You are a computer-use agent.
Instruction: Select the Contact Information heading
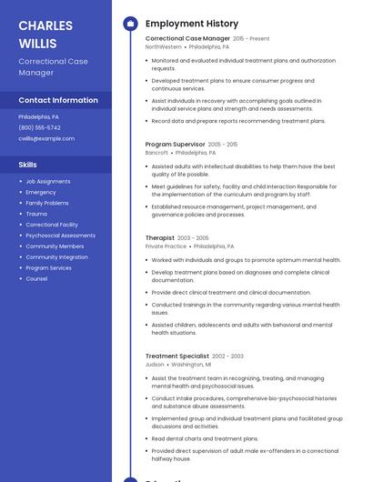[x=58, y=100]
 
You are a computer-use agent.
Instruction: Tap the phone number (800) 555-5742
[x=39, y=128]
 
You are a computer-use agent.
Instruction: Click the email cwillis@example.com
[x=46, y=139]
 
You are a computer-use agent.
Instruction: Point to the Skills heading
[x=28, y=165]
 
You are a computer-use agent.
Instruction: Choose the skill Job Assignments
[x=48, y=181]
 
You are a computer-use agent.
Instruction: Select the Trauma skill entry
[x=36, y=214]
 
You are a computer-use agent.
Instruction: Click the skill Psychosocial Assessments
[x=60, y=236]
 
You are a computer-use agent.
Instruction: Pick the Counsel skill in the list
[x=36, y=279]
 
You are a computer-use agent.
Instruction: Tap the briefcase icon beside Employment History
[x=130, y=24]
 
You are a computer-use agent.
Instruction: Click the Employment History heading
[x=192, y=24]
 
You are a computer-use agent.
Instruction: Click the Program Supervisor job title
[x=175, y=145]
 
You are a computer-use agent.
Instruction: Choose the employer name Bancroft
[x=156, y=153]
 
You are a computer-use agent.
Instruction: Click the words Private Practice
[x=166, y=246]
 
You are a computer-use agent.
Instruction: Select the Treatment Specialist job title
[x=177, y=356]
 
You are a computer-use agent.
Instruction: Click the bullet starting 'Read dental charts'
[x=205, y=438]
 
